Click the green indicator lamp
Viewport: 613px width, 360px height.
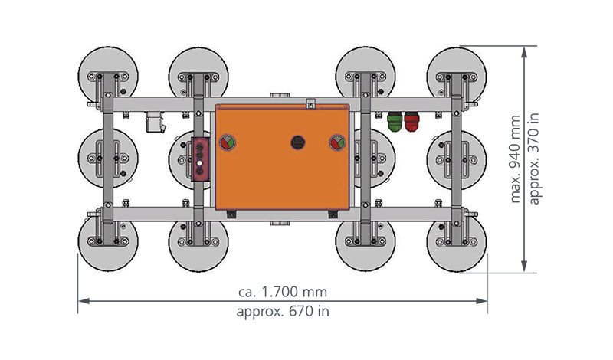pos(395,122)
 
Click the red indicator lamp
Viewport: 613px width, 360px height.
pos(411,122)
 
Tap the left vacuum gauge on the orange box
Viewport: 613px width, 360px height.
pos(227,142)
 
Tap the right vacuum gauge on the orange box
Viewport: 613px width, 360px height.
pos(337,142)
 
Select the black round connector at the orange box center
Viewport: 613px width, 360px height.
pos(298,142)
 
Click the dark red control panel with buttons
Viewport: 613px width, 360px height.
pos(200,159)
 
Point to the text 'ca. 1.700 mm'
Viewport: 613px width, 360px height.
pos(283,292)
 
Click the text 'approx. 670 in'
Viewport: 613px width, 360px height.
pos(283,312)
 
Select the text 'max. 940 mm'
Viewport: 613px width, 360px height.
pos(515,159)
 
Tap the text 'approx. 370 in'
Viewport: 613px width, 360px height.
pos(533,159)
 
